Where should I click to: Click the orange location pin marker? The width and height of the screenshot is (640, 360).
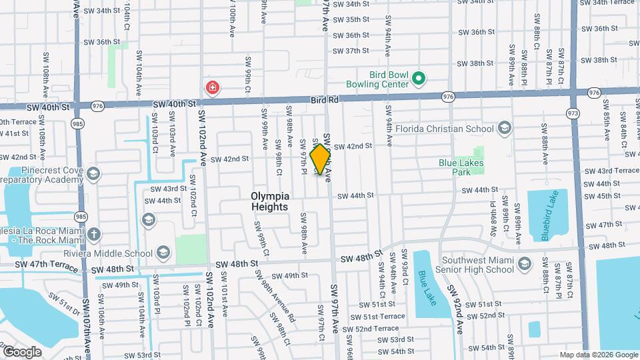[x=321, y=159]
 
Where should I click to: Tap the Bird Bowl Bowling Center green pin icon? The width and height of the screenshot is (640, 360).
[x=419, y=79]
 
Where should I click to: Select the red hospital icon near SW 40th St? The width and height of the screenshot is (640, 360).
[x=212, y=88]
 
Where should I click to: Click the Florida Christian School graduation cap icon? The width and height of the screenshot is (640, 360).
[x=505, y=129]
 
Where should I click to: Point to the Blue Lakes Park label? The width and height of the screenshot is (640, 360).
[x=464, y=167]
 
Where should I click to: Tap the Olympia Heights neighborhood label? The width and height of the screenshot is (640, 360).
[x=270, y=201]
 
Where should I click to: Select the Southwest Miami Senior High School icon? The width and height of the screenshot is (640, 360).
[x=524, y=263]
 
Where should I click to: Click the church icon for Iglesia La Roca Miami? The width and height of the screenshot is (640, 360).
[x=94, y=234]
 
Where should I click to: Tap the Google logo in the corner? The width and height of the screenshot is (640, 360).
[x=23, y=351]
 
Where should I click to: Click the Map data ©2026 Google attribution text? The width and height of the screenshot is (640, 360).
[x=598, y=355]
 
